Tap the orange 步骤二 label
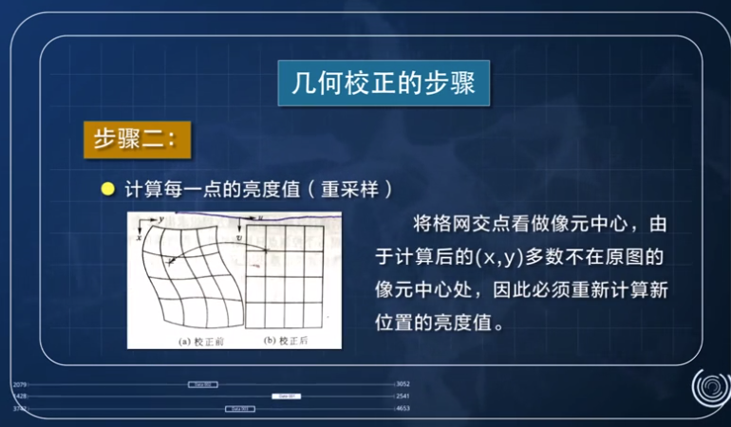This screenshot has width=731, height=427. (x=137, y=139)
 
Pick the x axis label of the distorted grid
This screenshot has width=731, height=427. (x=139, y=237)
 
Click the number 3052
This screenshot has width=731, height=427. (x=403, y=384)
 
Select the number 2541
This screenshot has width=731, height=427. (x=403, y=396)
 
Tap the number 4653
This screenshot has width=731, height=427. (x=403, y=408)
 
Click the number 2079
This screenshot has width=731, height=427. (x=20, y=384)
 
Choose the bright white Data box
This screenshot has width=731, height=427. (x=286, y=396)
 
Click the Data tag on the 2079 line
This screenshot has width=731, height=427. (x=202, y=384)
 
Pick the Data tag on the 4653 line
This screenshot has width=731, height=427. (x=239, y=408)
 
